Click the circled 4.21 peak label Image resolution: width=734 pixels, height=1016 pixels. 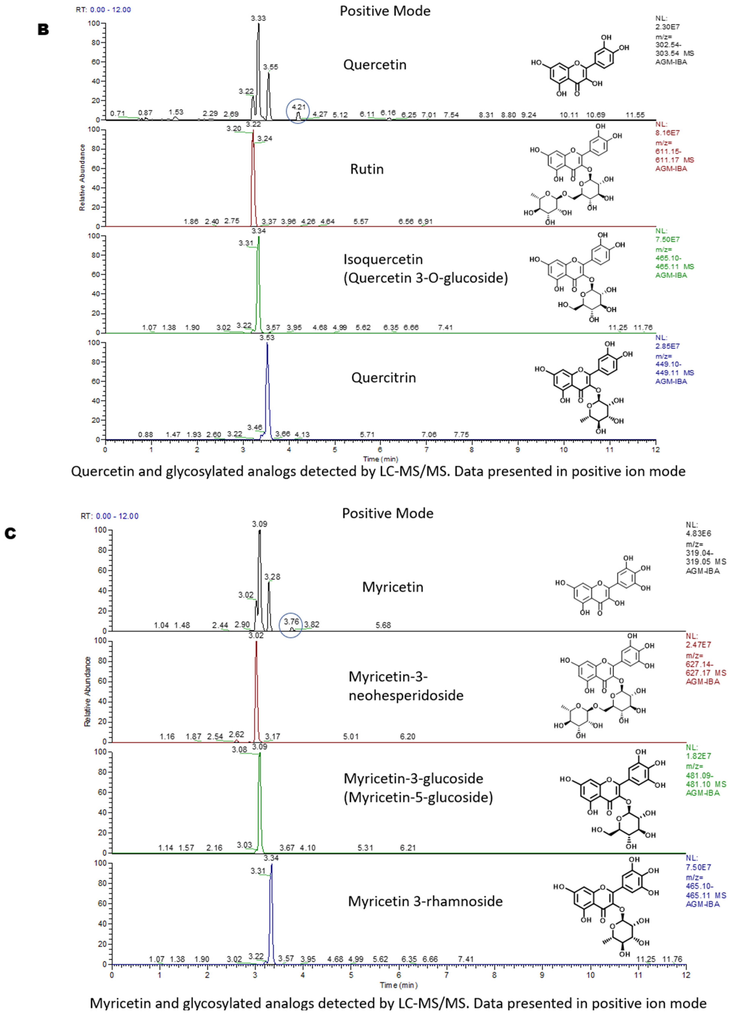[298, 107]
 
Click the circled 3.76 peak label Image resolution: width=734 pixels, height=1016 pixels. [291, 621]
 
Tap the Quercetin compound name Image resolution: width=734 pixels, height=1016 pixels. [375, 65]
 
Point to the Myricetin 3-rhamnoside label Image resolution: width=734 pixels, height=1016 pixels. [425, 901]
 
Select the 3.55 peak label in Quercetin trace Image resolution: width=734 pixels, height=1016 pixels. [270, 67]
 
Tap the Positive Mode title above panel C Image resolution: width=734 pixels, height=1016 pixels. [387, 513]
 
